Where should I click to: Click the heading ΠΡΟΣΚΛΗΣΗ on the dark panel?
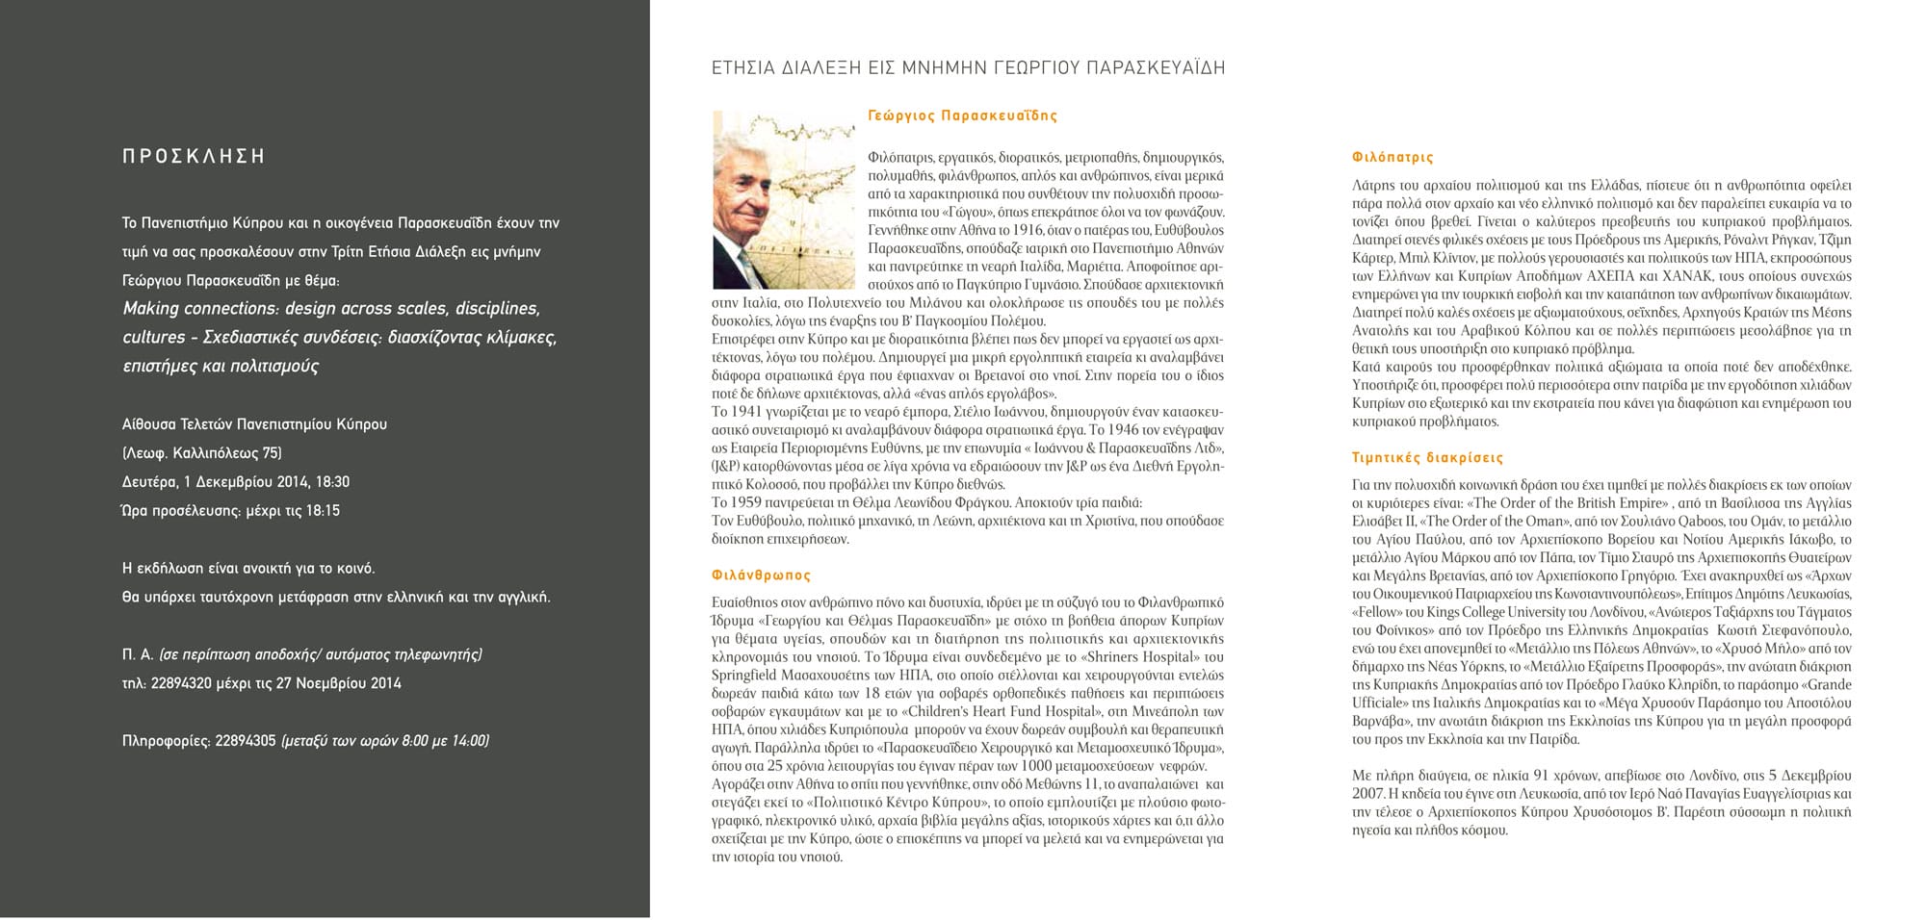coord(194,157)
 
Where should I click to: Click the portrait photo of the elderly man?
coord(783,200)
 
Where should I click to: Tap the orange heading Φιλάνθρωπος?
coord(761,575)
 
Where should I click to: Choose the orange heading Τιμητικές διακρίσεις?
coord(1427,458)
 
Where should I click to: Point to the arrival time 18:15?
coord(323,511)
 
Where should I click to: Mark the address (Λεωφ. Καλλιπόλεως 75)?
coord(202,453)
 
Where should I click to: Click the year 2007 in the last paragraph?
coord(1367,794)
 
